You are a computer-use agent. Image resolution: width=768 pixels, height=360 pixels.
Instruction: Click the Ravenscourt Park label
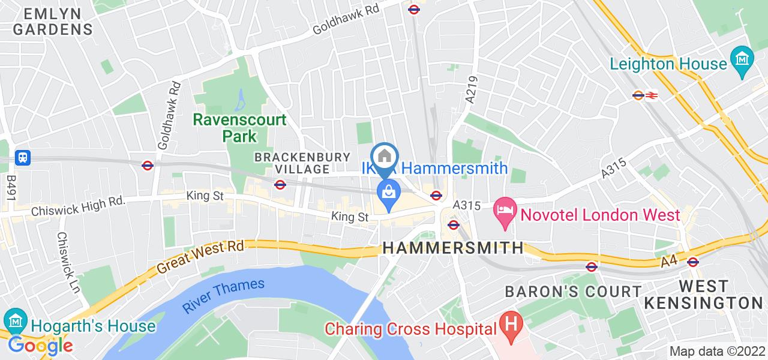[239, 128]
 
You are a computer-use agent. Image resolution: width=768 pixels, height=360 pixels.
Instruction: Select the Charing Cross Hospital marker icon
[511, 328]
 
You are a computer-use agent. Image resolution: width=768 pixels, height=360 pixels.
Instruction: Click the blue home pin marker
[385, 157]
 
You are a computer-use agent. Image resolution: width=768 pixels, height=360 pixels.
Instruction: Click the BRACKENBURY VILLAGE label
[302, 163]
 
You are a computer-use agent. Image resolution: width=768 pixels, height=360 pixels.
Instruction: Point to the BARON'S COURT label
[573, 292]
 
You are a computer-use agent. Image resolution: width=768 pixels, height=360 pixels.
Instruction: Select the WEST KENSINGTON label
[720, 294]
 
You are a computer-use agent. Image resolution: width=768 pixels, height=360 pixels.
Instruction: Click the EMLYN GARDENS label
[53, 20]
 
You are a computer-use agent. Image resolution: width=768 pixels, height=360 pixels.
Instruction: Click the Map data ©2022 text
[717, 352]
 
